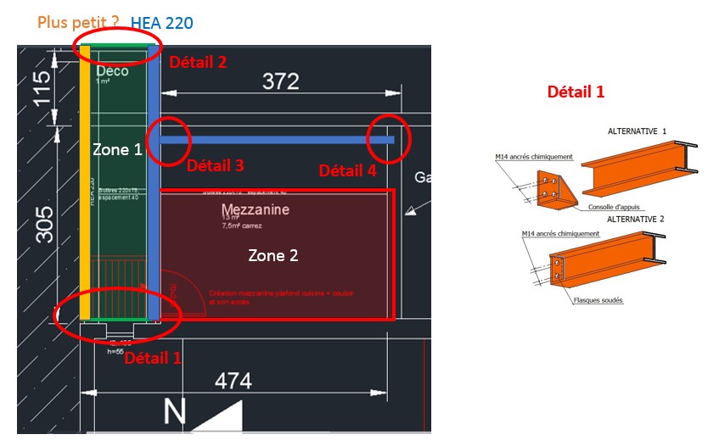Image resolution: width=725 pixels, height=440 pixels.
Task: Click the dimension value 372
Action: [x=280, y=81]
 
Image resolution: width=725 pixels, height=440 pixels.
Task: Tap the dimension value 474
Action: [x=233, y=381]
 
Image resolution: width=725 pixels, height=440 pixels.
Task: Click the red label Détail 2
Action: [x=198, y=62]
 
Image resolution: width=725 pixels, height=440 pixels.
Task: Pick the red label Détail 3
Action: [x=215, y=165]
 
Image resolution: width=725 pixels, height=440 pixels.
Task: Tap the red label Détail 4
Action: [x=347, y=170]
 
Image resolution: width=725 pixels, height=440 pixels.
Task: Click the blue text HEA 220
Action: [x=167, y=21]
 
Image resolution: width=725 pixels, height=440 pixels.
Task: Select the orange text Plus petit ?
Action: [x=78, y=21]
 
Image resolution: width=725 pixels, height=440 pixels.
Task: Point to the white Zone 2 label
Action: [x=273, y=254]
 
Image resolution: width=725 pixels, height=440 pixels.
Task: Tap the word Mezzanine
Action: [x=256, y=209]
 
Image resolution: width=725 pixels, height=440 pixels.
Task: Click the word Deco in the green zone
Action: [x=112, y=71]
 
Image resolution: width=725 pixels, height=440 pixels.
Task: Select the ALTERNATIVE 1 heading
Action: [x=638, y=131]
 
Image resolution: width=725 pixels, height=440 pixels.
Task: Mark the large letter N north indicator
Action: [x=174, y=413]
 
